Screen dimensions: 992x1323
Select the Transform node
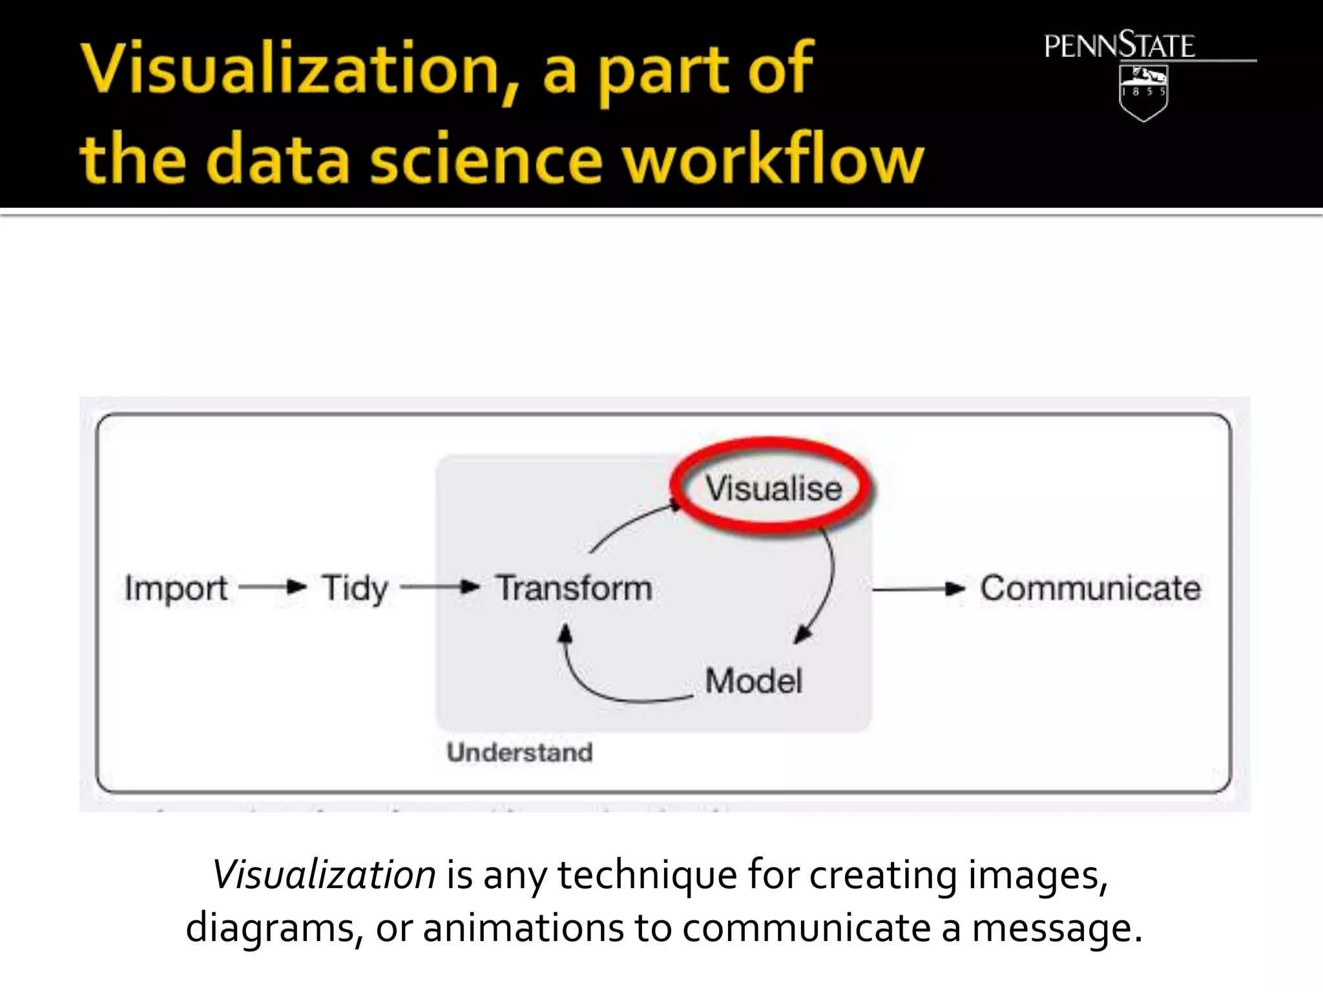coord(574,588)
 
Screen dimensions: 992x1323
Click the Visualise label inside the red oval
coord(773,488)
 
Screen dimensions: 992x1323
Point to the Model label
coord(753,681)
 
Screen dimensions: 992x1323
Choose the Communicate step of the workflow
coord(1090,588)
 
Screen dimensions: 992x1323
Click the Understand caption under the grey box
coord(519,752)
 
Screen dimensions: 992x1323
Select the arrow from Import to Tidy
coord(272,588)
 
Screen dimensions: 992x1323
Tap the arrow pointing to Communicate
coord(918,589)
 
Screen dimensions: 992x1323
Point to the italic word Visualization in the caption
coord(324,875)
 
